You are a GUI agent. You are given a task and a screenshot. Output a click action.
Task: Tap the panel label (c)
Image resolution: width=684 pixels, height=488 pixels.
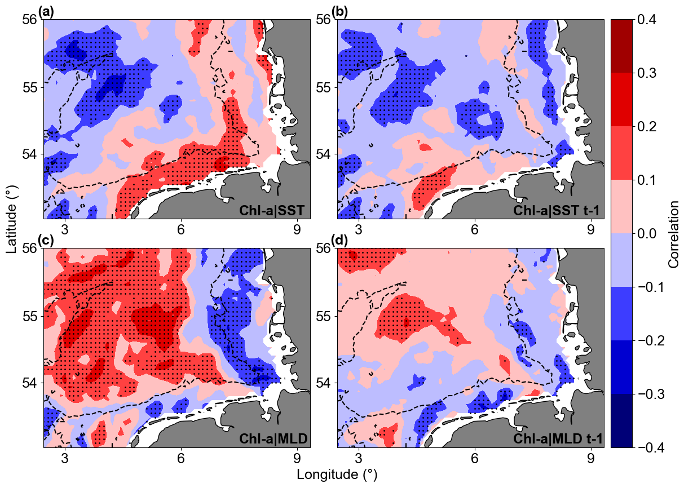(46, 240)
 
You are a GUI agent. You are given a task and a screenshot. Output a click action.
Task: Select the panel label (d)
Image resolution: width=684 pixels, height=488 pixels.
(339, 240)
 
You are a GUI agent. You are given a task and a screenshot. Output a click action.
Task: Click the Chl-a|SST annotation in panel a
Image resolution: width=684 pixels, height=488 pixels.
(272, 211)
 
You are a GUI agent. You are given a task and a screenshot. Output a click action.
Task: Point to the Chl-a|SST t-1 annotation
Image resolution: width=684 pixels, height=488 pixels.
(557, 211)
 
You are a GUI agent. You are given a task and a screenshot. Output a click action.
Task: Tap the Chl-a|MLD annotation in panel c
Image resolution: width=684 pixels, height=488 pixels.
(272, 439)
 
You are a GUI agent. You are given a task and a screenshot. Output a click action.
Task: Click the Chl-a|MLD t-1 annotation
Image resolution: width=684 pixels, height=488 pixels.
(557, 439)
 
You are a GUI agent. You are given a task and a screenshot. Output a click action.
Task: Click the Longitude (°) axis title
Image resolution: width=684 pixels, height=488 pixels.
(337, 474)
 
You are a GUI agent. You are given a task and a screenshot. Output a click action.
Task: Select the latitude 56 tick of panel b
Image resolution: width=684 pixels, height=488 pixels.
(324, 20)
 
